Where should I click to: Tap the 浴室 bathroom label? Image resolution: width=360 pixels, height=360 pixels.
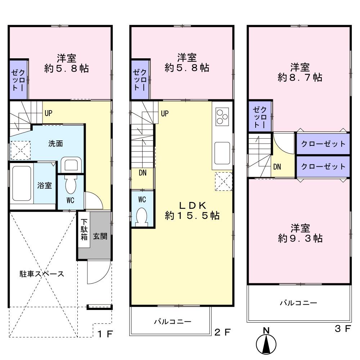[45, 186]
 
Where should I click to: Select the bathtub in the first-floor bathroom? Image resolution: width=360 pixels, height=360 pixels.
[21, 183]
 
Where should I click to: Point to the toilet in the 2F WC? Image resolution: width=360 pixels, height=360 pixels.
[142, 217]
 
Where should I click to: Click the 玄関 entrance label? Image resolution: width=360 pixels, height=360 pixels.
[100, 237]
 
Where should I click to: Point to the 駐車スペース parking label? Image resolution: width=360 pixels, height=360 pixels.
[42, 274]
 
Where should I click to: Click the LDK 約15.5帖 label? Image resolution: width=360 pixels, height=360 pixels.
[192, 211]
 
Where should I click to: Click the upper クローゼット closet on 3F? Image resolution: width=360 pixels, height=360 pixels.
[323, 144]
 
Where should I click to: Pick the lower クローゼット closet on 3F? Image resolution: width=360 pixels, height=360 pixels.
[323, 166]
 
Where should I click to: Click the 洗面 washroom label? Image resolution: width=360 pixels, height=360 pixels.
[56, 144]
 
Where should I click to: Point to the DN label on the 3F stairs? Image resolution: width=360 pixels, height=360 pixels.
[277, 167]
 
